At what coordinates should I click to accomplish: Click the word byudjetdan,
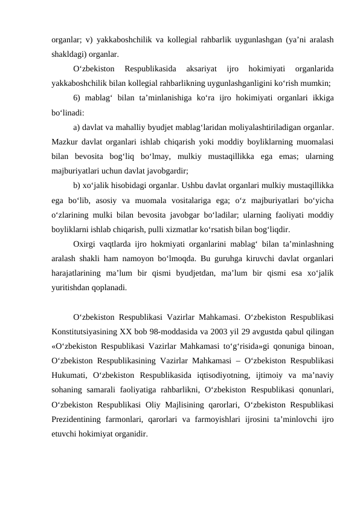183,273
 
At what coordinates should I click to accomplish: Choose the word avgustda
288,331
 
